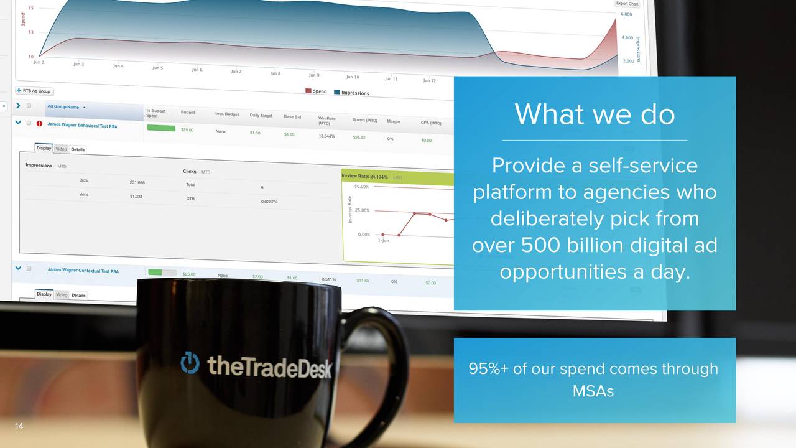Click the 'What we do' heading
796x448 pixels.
[x=594, y=114]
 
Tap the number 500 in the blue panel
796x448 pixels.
[x=540, y=245]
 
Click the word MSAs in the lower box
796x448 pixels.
[x=593, y=391]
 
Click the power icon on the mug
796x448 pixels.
[x=190, y=363]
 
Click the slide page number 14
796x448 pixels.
[x=19, y=426]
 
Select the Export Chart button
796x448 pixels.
[x=627, y=4]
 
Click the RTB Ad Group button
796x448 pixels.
[x=34, y=91]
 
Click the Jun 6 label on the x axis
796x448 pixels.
[x=197, y=70]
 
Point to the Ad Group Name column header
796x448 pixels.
[x=63, y=107]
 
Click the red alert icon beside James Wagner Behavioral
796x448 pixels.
[x=39, y=123]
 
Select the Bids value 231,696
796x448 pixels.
[x=137, y=182]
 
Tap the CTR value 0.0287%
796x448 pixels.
[x=269, y=202]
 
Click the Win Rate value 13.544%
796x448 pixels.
[x=327, y=136]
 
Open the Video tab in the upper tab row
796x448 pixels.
[x=61, y=149]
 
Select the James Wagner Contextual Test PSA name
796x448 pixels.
[x=83, y=270]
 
